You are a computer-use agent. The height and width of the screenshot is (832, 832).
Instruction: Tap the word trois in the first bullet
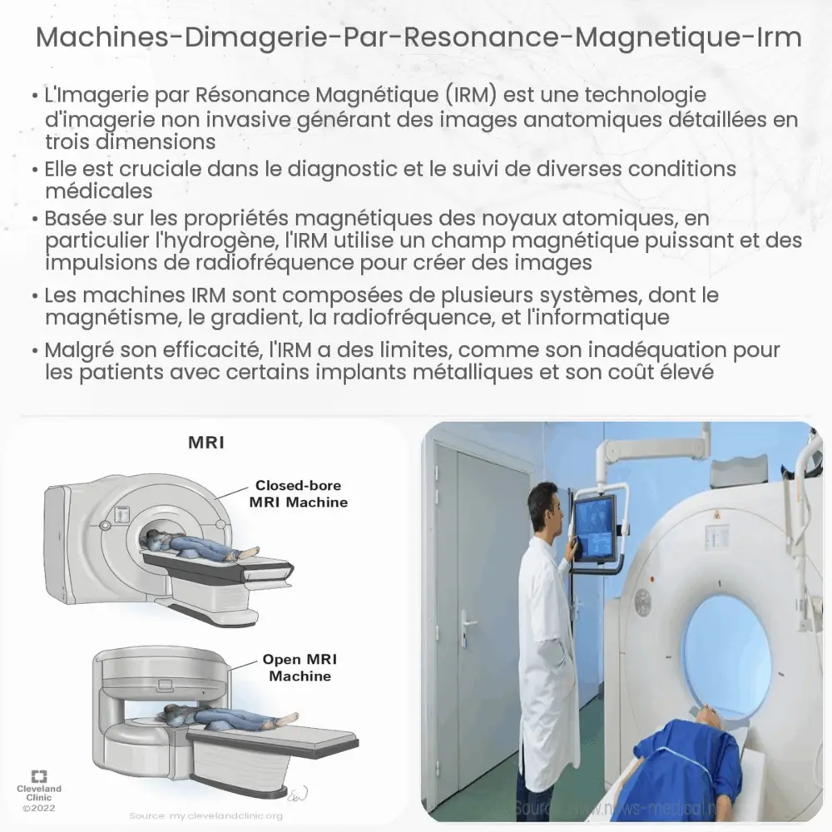74,140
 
